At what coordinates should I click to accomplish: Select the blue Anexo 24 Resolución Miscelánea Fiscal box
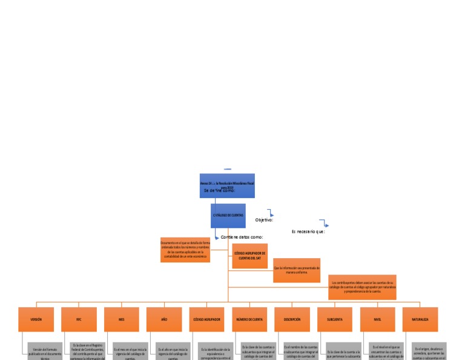click(227, 185)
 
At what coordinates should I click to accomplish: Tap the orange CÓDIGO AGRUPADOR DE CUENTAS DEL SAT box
click(249, 255)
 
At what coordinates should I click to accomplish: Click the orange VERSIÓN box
click(36, 319)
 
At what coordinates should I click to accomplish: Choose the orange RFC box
click(79, 319)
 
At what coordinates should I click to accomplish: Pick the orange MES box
click(121, 319)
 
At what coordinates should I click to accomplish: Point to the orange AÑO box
click(164, 319)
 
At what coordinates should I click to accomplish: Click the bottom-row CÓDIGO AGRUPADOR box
click(206, 319)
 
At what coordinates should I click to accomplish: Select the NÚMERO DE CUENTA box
click(249, 319)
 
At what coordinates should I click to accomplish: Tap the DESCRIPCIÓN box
click(292, 319)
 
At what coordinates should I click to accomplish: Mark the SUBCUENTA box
click(335, 319)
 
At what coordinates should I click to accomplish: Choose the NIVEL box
click(377, 319)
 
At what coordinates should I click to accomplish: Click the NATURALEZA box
click(420, 319)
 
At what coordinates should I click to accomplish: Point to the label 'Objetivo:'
click(264, 220)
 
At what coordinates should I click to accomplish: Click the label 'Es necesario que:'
click(308, 232)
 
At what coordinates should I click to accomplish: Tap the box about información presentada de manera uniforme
click(297, 270)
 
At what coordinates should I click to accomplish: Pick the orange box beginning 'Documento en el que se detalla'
click(185, 250)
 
